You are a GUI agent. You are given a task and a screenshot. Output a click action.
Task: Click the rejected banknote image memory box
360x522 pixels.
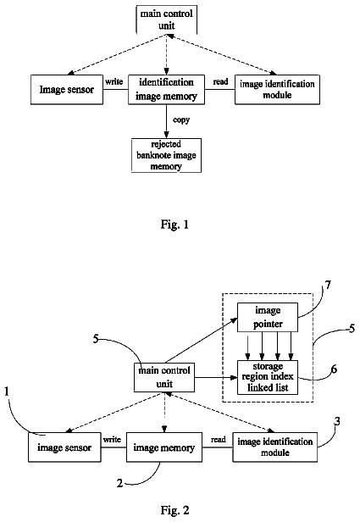coord(166,155)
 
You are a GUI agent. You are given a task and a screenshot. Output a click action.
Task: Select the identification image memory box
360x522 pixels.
coord(166,90)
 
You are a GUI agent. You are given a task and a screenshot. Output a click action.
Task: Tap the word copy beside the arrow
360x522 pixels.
coord(181,119)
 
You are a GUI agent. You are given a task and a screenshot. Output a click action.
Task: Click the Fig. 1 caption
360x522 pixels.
coord(174,225)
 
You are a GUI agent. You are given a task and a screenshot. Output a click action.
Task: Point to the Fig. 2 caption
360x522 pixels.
coord(174,509)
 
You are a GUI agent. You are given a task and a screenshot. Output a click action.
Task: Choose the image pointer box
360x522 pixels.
coord(268,317)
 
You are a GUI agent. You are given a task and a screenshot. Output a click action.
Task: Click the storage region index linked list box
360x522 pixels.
coord(268,377)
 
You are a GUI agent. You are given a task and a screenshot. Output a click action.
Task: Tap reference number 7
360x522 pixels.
coord(328,285)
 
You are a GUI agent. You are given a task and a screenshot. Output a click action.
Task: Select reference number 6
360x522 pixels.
coord(334,369)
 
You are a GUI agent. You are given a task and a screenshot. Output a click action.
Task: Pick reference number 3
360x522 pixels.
coord(337,421)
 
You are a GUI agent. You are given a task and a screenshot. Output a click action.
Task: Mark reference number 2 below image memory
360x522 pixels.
coord(119,483)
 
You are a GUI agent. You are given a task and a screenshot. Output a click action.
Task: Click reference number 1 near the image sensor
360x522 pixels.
coord(6,391)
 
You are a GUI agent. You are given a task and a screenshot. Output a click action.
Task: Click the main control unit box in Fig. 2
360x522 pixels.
coord(164,377)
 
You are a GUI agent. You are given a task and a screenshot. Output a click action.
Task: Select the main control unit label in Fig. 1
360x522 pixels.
coord(166,19)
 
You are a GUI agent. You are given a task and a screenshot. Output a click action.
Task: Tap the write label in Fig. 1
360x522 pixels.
coord(114,81)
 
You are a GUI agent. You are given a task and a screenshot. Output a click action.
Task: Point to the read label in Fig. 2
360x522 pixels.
coord(219,440)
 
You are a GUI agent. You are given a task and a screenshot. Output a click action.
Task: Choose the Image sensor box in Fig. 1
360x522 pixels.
coord(67,90)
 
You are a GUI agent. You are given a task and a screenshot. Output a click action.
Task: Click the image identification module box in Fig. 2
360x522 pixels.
coord(274,447)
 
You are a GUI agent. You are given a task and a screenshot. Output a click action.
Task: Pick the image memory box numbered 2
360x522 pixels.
coord(164,447)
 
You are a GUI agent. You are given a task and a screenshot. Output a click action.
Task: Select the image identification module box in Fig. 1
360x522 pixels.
coord(277,90)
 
